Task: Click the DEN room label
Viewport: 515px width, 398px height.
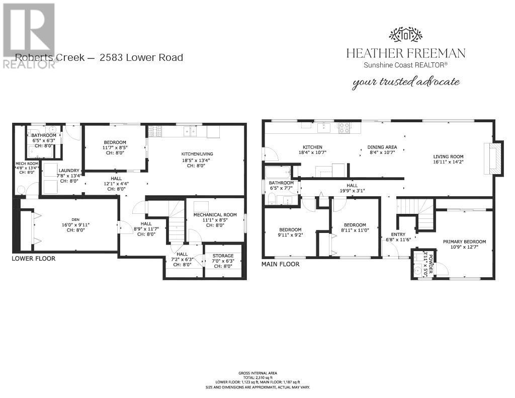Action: [75, 219]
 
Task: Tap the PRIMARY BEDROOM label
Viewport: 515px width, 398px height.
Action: [464, 242]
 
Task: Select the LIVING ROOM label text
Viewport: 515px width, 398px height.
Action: [448, 156]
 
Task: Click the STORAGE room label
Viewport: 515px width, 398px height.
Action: [223, 256]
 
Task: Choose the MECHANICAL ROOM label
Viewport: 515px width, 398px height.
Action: [215, 215]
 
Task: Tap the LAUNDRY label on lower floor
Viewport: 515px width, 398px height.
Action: [69, 171]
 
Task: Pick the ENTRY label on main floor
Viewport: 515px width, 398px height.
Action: [398, 234]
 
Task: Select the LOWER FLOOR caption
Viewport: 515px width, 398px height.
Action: [33, 259]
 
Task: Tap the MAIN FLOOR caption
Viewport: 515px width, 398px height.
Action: [280, 264]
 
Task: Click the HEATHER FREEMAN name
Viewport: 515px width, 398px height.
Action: [405, 53]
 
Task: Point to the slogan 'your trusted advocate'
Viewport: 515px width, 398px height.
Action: [406, 82]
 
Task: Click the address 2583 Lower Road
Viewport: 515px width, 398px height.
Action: [141, 57]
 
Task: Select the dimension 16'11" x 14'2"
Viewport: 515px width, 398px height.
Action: [448, 162]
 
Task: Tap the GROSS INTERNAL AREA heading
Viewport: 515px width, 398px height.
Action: [257, 373]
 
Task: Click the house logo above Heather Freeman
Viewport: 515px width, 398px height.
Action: [405, 34]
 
